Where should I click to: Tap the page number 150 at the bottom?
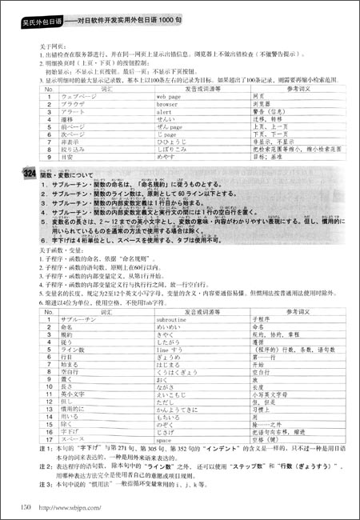click(x=26, y=505)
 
